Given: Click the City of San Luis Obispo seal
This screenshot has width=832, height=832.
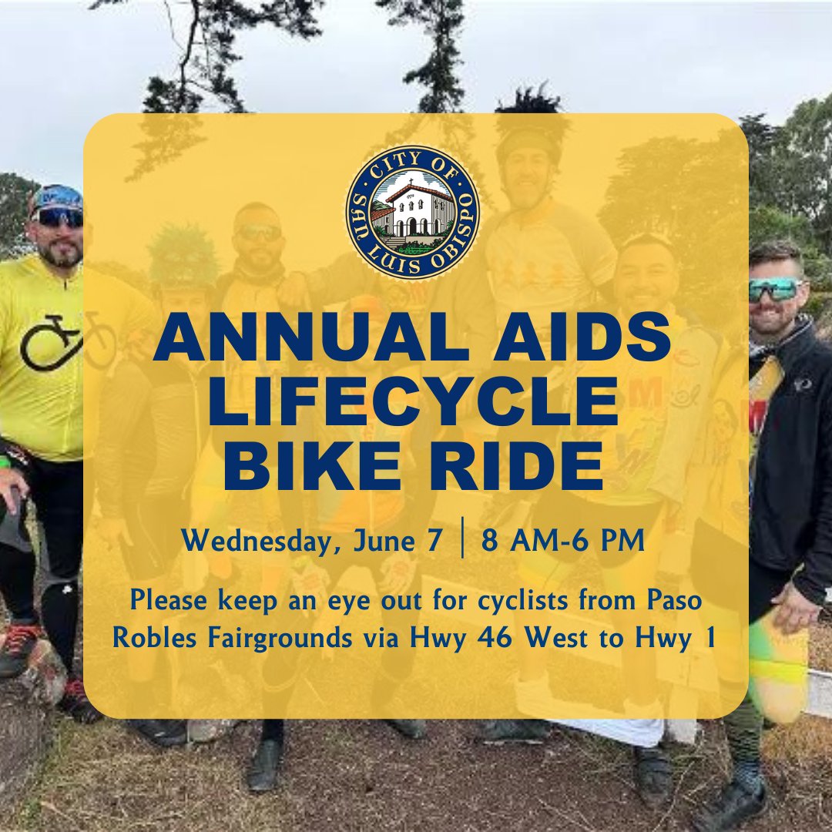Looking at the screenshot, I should [x=412, y=212].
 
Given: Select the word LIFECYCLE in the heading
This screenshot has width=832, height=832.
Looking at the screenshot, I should [x=416, y=402].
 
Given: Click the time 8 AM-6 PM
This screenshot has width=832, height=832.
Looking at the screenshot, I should [x=563, y=541].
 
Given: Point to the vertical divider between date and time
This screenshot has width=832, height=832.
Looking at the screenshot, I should [x=461, y=541].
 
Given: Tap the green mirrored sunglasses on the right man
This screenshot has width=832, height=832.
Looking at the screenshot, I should [x=773, y=290].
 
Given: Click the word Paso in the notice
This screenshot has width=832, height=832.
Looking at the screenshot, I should [x=673, y=601].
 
